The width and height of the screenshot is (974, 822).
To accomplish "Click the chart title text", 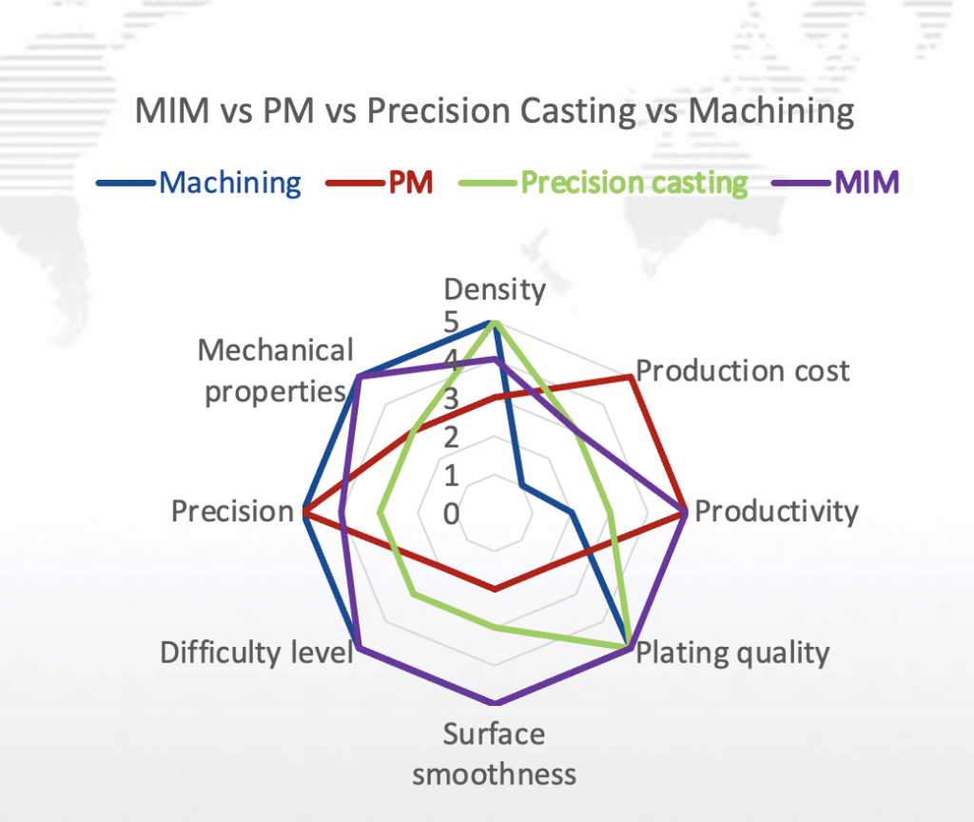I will click(495, 111).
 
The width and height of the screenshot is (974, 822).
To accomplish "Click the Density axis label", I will click(495, 289).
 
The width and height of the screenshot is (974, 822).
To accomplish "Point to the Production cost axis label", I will click(742, 370).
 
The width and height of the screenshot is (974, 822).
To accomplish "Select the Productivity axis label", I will click(776, 512).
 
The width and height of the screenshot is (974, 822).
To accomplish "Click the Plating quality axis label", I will click(732, 653).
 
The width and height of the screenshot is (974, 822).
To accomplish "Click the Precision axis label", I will click(232, 512).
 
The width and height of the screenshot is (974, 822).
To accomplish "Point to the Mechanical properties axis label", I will click(275, 371).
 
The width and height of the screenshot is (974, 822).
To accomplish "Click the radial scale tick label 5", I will click(451, 323).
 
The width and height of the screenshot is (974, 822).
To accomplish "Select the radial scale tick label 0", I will click(451, 514).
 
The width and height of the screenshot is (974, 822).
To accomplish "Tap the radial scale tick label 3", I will click(451, 399).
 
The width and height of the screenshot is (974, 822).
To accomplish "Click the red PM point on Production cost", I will click(630, 377).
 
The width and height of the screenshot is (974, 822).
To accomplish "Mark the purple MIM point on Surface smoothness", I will click(494, 704).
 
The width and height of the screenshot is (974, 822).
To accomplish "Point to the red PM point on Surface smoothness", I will click(494, 590).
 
